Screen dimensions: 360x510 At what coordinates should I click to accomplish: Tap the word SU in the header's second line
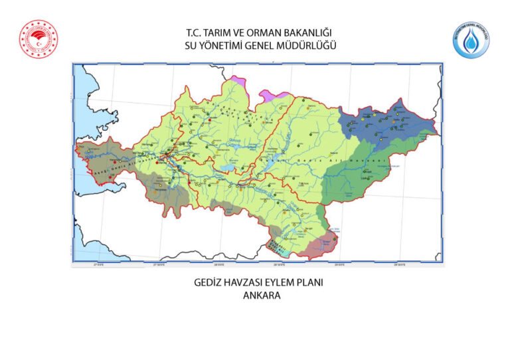(x=193, y=45)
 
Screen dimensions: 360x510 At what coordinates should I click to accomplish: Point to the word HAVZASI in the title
(x=242, y=283)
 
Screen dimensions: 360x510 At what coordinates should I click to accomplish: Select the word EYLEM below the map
(x=282, y=283)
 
